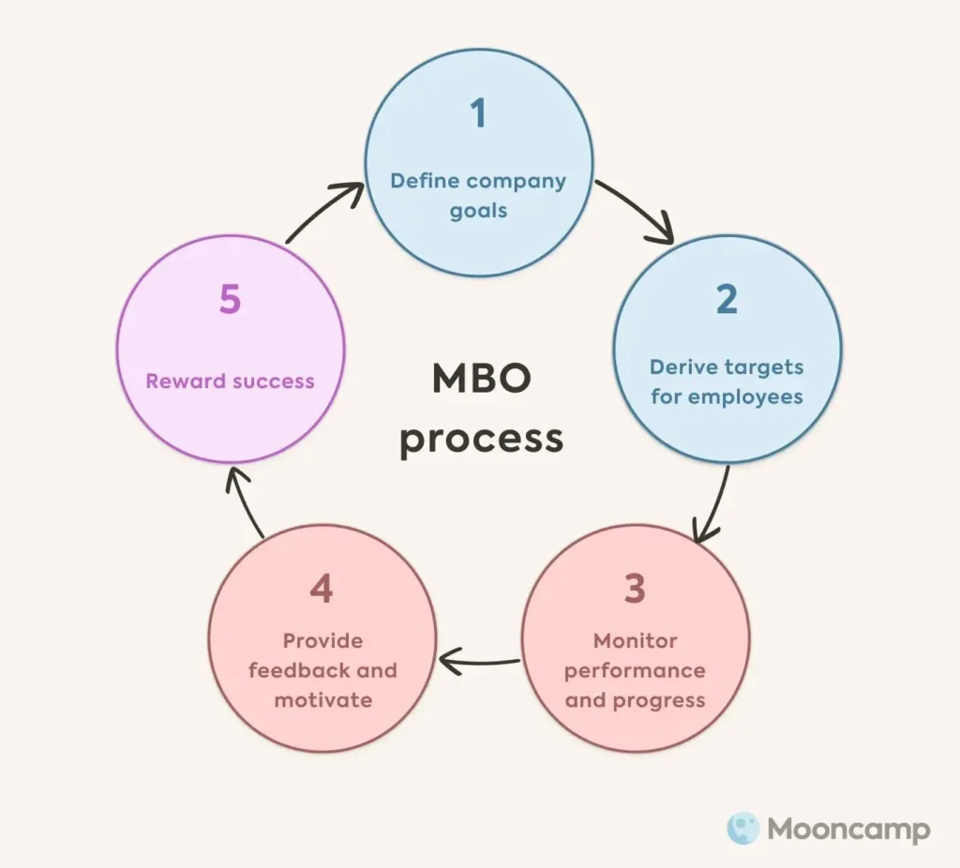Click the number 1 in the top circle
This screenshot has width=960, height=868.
coord(478,112)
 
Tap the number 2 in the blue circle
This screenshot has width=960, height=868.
coord(727,299)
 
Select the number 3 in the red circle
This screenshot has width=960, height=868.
coord(635,589)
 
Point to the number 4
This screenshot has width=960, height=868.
coord(322,589)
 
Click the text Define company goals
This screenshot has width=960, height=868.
coord(478,195)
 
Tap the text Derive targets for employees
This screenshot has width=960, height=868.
coord(727,382)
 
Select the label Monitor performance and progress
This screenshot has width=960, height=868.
coord(635,670)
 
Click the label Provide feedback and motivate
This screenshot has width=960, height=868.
coord(322,670)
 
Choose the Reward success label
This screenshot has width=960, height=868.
coord(230,382)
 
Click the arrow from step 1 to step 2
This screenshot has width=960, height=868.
coord(637,209)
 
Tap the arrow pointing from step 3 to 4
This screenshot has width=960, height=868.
coord(478,663)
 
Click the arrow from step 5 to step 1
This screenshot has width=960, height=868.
coord(323,211)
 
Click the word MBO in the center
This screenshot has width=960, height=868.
coord(481,380)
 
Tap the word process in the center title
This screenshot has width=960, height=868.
coord(481,438)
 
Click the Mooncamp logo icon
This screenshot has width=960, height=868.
coord(742,829)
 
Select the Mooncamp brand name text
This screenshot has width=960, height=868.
coord(848,830)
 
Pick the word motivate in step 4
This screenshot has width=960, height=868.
coord(322,700)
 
